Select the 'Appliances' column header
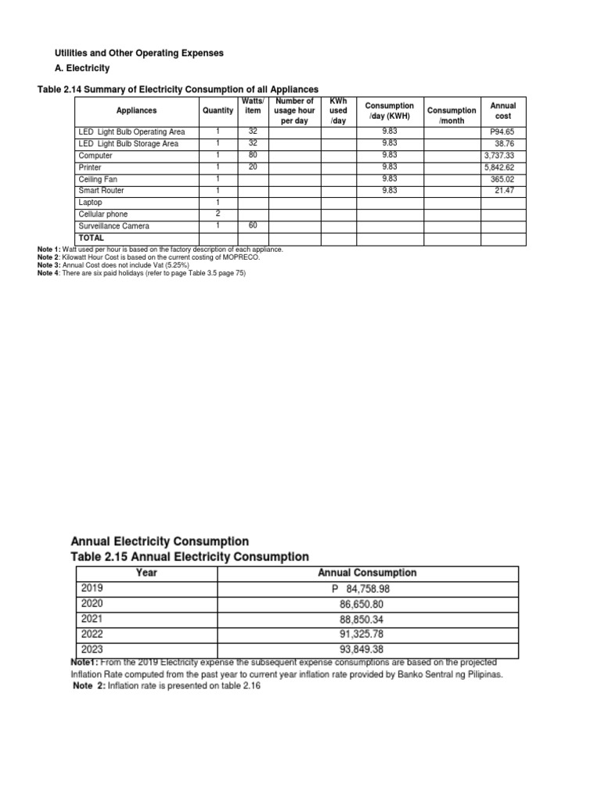point(136,111)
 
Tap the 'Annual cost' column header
point(498,110)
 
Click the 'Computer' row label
point(96,156)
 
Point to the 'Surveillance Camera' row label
point(113,226)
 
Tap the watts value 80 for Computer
point(253,156)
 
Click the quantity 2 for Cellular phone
point(218,214)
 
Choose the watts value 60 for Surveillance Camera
point(253,226)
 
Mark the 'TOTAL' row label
point(91,237)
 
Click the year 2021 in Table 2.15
point(92,619)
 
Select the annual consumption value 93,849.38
point(367,648)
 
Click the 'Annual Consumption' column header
point(367,573)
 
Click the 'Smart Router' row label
point(101,191)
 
